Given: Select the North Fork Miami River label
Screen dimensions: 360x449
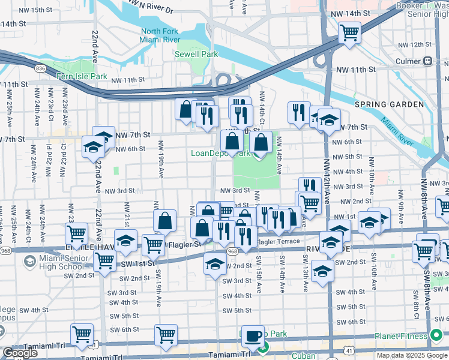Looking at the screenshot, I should tap(160, 35).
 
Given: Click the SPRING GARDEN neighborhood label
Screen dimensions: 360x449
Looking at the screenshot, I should tap(398, 104).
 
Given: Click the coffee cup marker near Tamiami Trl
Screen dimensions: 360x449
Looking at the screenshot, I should tap(253, 336).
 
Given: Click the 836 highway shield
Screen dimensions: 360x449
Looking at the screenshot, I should tap(40, 69).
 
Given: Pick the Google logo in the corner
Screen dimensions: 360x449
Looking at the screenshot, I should tap(20, 353).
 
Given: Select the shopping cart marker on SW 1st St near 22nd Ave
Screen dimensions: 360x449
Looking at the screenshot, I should tap(105, 262).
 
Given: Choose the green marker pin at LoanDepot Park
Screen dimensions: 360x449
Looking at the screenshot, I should tap(258, 155).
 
